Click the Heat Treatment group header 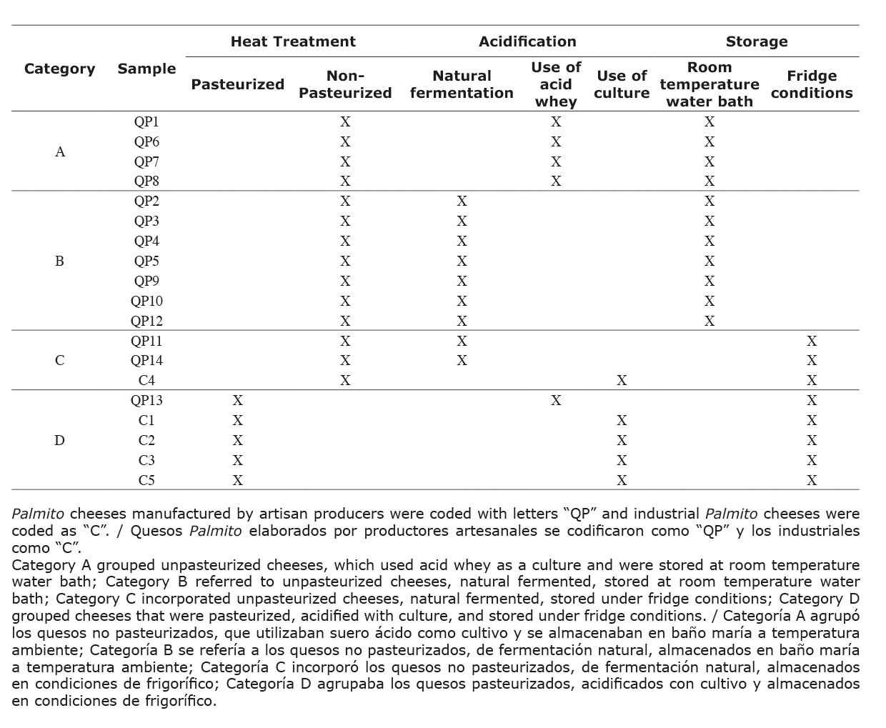[x=293, y=41]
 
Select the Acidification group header [x=527, y=41]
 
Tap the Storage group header [x=757, y=41]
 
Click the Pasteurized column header [x=237, y=84]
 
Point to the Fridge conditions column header [x=812, y=84]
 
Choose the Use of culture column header [x=622, y=84]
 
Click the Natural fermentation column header [x=462, y=84]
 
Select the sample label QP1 [x=146, y=122]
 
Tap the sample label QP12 [x=146, y=321]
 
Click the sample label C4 [x=146, y=381]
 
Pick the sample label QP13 [x=146, y=401]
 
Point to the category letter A [x=60, y=152]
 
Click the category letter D [x=59, y=441]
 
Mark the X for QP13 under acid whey [x=556, y=401]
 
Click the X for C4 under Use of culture [x=622, y=381]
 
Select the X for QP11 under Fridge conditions [x=812, y=341]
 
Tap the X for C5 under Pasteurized [x=238, y=481]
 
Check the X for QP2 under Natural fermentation [x=462, y=201]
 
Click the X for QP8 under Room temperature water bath [x=710, y=181]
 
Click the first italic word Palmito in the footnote [x=38, y=514]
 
